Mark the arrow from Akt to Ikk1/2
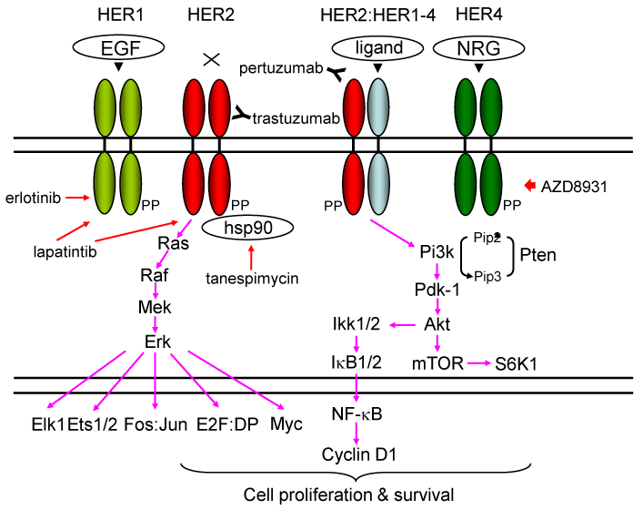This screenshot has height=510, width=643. pyautogui.click(x=405, y=324)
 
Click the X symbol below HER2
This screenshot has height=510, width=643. pyautogui.click(x=211, y=60)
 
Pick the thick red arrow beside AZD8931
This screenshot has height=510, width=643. pyautogui.click(x=533, y=186)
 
